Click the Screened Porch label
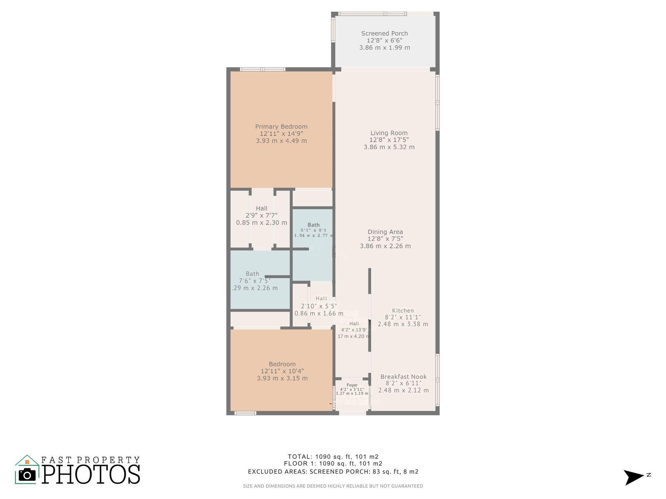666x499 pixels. coord(384,33)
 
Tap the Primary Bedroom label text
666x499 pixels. coord(281,127)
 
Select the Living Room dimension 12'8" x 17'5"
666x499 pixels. coord(389,140)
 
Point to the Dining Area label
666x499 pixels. coord(385,232)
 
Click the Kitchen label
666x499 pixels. coord(403,311)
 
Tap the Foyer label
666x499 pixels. coord(352,385)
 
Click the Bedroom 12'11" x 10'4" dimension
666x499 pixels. coord(282,371)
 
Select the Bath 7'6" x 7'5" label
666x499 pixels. coord(253,274)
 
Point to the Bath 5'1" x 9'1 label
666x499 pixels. coord(313,225)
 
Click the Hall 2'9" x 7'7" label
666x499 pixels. coord(261,209)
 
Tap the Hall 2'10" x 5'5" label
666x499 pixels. coord(321,299)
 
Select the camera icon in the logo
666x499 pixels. coord(27,475)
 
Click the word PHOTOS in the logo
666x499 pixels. coord(91,475)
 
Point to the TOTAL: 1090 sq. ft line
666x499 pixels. coord(333,456)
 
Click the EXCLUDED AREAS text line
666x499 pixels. coord(333,472)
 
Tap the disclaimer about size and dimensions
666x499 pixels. coord(333,486)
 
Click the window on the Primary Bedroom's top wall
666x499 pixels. coord(263,69)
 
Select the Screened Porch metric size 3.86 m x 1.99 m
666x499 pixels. coord(384,48)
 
